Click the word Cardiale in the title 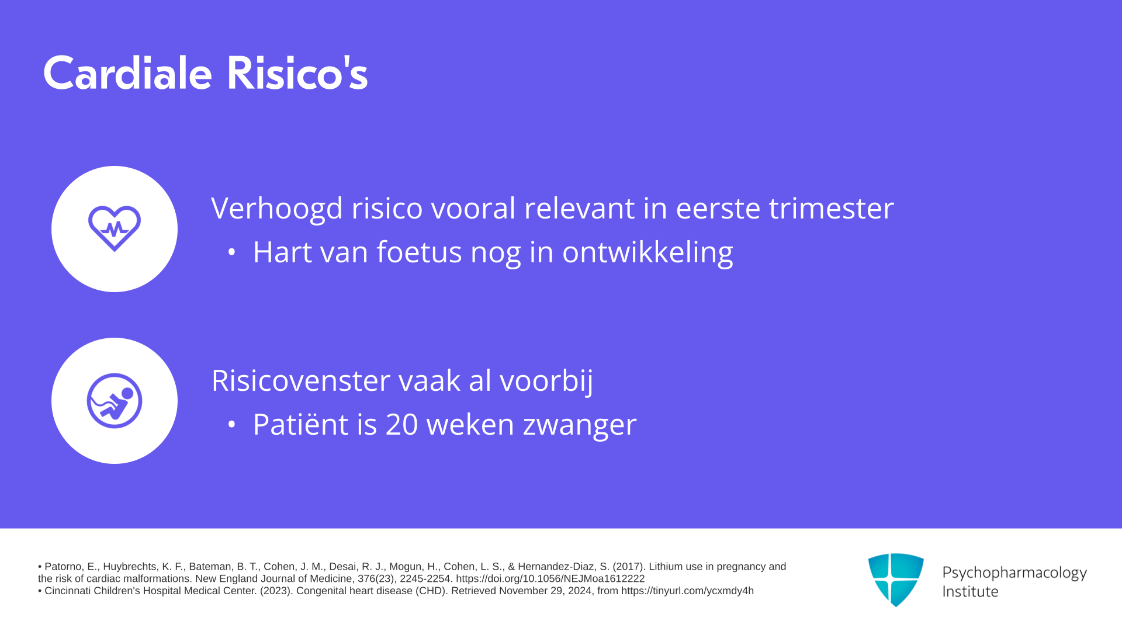(127, 73)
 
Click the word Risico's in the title (297, 73)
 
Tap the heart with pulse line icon (115, 228)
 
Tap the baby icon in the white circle (115, 401)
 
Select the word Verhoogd (277, 209)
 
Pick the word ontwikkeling (647, 252)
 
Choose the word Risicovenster (301, 380)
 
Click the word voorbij (546, 381)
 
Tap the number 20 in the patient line (402, 425)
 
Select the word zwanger (580, 426)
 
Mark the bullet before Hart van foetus (231, 252)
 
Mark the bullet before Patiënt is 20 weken (231, 425)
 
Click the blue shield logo (896, 580)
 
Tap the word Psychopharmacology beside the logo (1014, 573)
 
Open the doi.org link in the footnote (550, 579)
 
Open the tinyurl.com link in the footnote (687, 591)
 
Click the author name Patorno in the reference (63, 567)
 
